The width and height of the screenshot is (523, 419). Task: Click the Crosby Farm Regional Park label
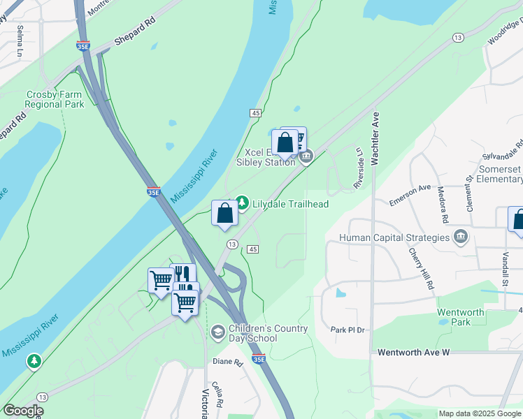click(54, 99)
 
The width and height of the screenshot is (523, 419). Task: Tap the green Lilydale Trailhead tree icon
click(242, 203)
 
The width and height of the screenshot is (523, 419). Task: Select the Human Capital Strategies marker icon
click(460, 237)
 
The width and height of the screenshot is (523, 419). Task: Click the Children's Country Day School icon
click(217, 331)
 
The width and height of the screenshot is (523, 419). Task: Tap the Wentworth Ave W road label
click(413, 353)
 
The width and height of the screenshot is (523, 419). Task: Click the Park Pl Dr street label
click(348, 330)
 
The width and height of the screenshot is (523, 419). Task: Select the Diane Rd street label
click(227, 362)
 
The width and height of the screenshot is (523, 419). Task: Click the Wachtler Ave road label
click(375, 138)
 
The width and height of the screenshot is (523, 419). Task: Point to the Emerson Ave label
click(410, 194)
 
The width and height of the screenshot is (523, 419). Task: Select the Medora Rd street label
click(442, 201)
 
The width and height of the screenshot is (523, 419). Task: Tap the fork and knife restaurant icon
click(183, 273)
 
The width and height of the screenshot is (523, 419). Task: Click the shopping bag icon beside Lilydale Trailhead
click(224, 212)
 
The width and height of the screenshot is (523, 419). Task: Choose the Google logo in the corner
click(23, 411)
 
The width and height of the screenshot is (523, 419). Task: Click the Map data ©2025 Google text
click(480, 413)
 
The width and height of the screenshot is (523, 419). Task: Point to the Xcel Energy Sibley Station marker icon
click(306, 158)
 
